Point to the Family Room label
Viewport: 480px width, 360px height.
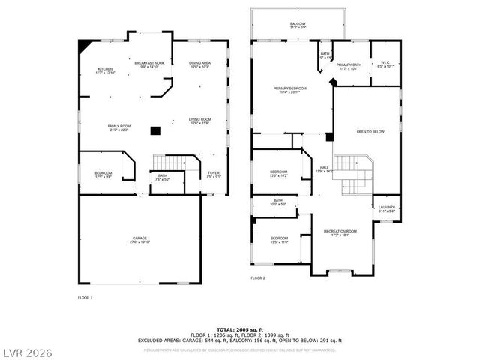[x=118, y=127]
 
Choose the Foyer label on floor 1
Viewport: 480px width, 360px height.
[x=214, y=175]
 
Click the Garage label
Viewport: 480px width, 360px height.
[x=140, y=240]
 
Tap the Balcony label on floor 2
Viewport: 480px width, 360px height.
[x=298, y=25]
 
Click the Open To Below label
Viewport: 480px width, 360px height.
[x=370, y=131]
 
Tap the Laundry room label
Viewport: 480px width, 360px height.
[x=386, y=209]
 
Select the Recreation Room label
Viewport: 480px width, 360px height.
[x=340, y=232]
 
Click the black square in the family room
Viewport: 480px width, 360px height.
[x=154, y=131]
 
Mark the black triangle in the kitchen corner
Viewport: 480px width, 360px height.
[x=82, y=45]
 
